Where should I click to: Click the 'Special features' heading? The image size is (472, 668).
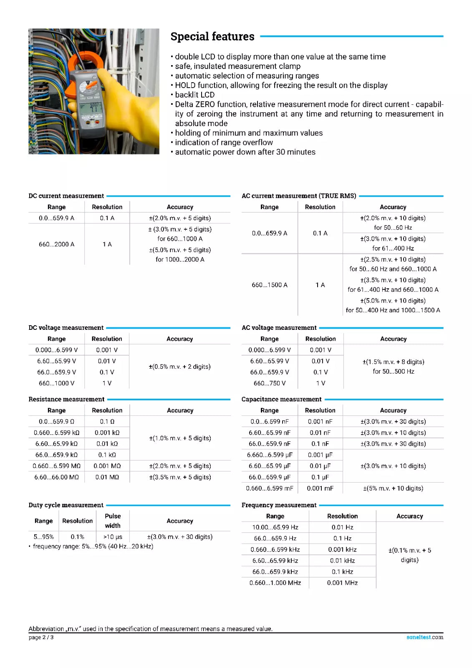212,37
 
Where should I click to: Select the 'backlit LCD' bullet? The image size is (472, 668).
194,95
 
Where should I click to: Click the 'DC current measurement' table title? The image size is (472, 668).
66,196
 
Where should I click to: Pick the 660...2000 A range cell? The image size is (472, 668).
56,244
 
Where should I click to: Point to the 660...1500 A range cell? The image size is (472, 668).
269,285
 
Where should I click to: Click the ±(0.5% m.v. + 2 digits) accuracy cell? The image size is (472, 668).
179,367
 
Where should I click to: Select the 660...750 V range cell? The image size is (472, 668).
269,383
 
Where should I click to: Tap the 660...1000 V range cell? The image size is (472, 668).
56,383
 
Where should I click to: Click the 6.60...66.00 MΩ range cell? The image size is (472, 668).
56,477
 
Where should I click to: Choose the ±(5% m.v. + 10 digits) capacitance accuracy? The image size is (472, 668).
393,488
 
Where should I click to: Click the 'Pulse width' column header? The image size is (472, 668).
113,521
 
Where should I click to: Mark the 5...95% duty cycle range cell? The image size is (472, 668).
43,537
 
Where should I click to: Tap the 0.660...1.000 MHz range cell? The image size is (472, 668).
275,583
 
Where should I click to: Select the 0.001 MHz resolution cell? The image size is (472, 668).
342,583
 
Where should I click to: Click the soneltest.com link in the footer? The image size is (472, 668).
424,637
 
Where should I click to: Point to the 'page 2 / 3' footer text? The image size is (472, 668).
41,637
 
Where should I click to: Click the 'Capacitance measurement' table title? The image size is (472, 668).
281,400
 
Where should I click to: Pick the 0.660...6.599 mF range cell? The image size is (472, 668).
269,488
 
